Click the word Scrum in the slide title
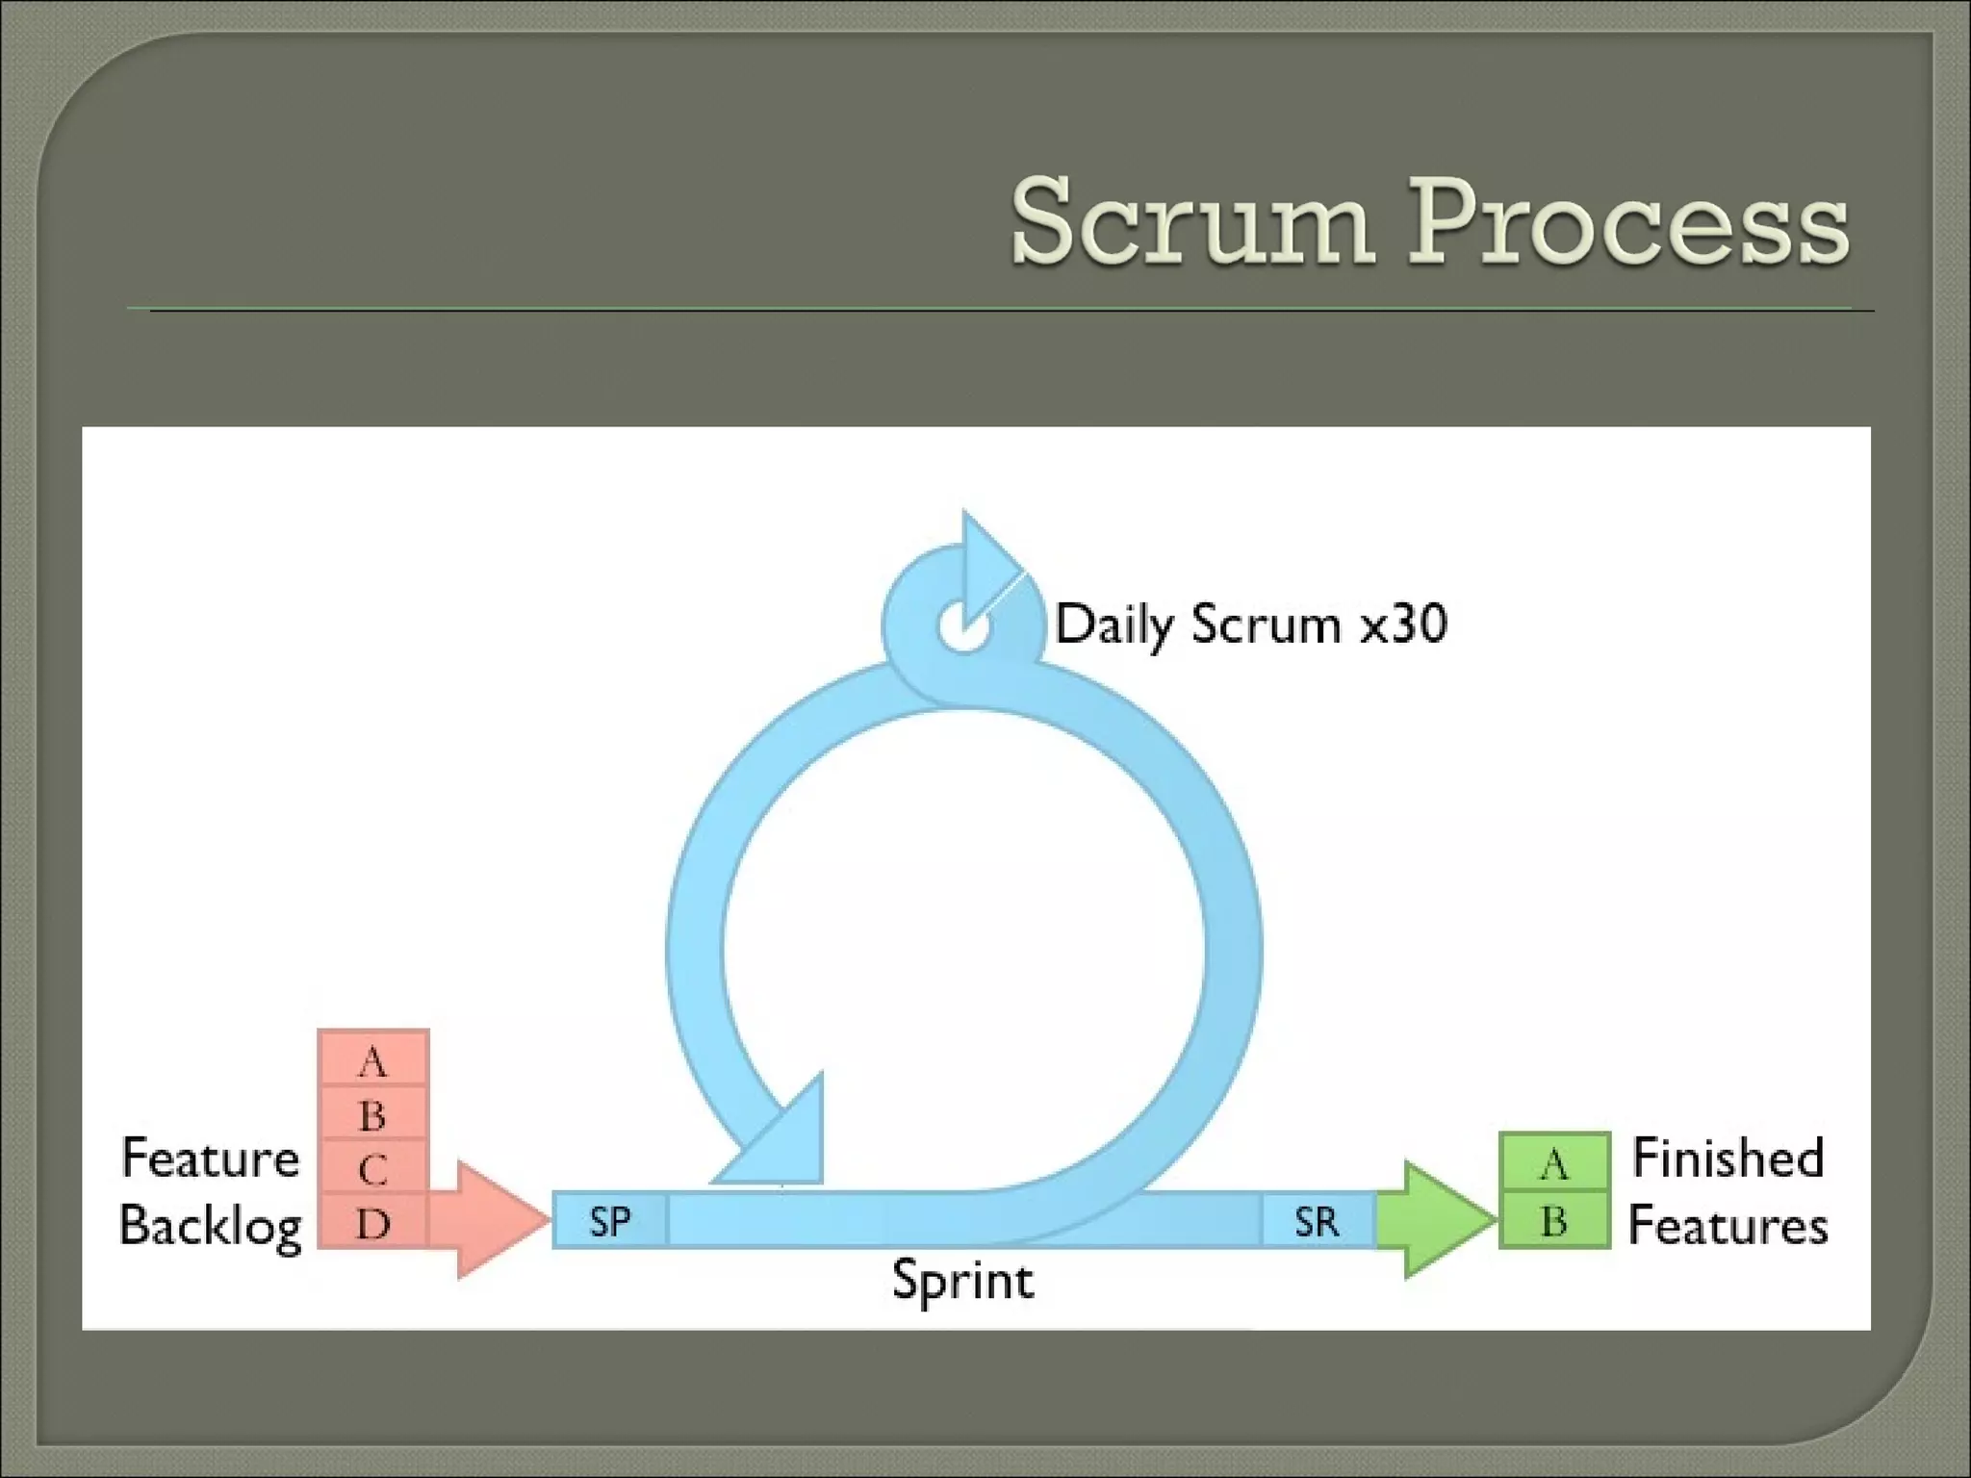pos(1191,223)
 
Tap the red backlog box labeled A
pos(373,1060)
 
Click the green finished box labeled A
pos(1554,1162)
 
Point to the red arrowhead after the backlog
pos(496,1219)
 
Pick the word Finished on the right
pos(1728,1158)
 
